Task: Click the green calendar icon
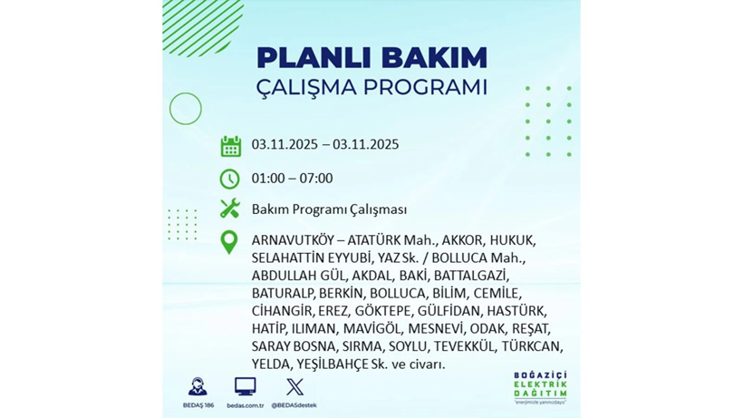click(230, 146)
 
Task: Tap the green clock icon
click(230, 179)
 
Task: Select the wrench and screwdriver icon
click(230, 209)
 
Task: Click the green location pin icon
click(229, 241)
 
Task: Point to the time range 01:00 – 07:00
click(292, 179)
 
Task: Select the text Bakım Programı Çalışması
click(329, 209)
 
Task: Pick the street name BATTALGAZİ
click(471, 276)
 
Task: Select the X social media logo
click(294, 387)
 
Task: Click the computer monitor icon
click(244, 387)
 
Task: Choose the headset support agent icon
click(197, 387)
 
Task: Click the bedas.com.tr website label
click(245, 405)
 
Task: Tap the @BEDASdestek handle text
click(294, 405)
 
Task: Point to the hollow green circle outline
click(186, 110)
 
